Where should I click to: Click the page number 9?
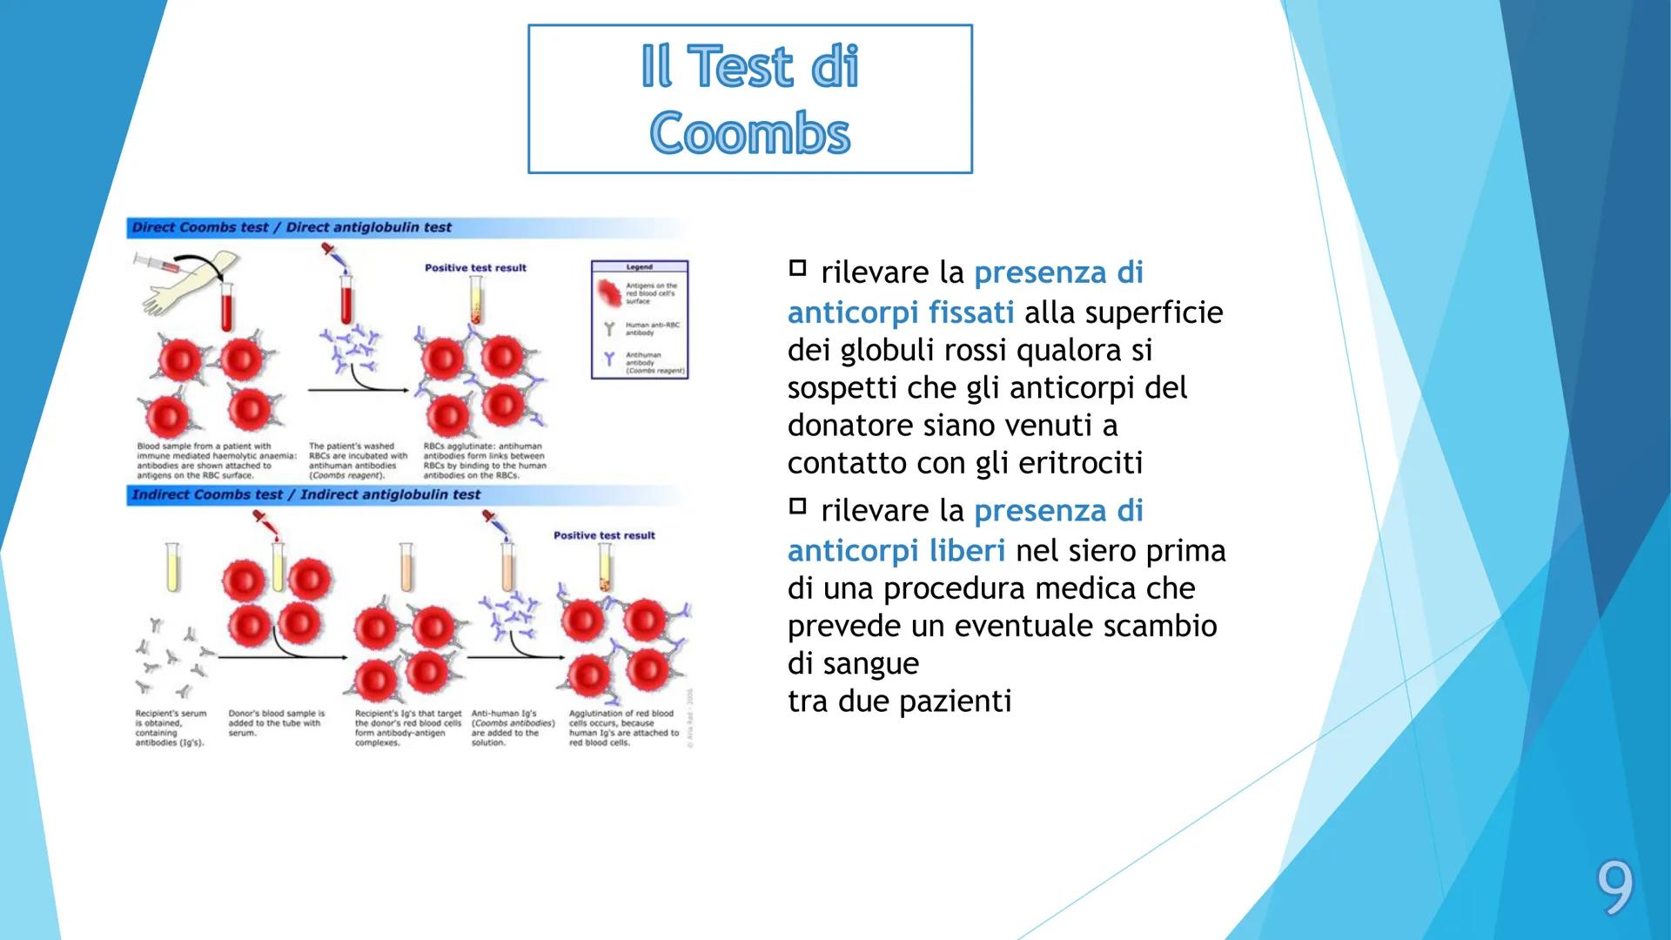pyautogui.click(x=1614, y=890)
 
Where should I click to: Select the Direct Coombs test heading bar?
pyautogui.click(x=292, y=227)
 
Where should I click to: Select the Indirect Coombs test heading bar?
pyautogui.click(x=305, y=494)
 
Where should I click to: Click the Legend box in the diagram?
pyautogui.click(x=640, y=319)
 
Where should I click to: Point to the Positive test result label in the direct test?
pyautogui.click(x=475, y=268)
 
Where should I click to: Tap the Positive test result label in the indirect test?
pyautogui.click(x=604, y=535)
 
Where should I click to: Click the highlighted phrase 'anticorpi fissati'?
pyautogui.click(x=901, y=312)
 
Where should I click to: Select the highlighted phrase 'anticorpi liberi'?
pyautogui.click(x=896, y=550)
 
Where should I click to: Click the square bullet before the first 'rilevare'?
pyautogui.click(x=797, y=268)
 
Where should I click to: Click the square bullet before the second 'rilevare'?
pyautogui.click(x=797, y=506)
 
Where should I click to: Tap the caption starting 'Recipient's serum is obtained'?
pyautogui.click(x=171, y=728)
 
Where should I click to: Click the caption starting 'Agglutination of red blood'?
pyautogui.click(x=623, y=728)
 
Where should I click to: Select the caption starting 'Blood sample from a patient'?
pyautogui.click(x=216, y=460)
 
